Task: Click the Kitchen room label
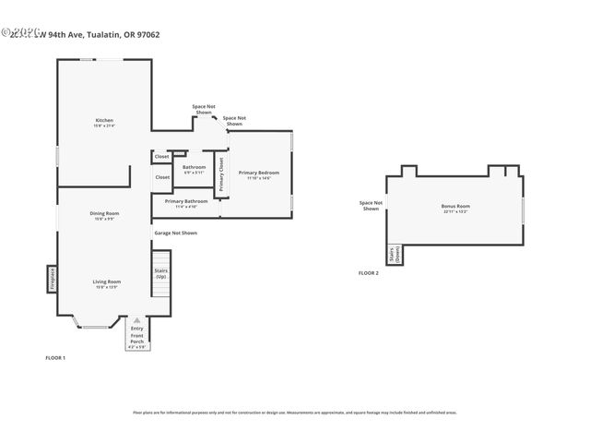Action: tap(104, 122)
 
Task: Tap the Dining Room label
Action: tap(104, 215)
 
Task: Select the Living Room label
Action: tap(106, 283)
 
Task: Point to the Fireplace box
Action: tap(53, 280)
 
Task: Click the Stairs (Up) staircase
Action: tap(161, 273)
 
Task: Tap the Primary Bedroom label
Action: tap(258, 174)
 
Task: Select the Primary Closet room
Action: tap(221, 174)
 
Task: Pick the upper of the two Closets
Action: tap(161, 157)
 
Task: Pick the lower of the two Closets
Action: tap(162, 176)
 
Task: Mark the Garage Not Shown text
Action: tap(175, 233)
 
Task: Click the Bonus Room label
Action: tap(455, 209)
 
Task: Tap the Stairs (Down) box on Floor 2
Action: tap(394, 255)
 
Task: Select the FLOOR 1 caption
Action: tap(55, 357)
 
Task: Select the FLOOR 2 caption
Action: tap(368, 273)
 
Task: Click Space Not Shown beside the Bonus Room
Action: tap(370, 206)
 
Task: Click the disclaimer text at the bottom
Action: tap(294, 413)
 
